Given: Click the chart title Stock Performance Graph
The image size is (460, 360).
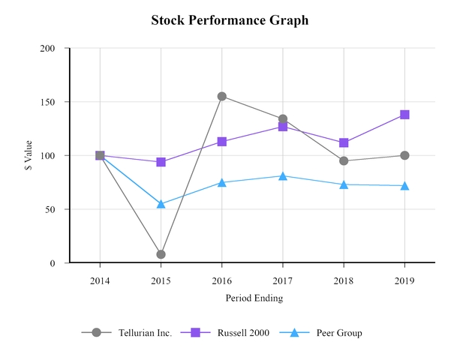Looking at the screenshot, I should tap(230, 20).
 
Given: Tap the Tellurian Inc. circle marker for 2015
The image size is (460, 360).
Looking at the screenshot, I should tap(161, 254).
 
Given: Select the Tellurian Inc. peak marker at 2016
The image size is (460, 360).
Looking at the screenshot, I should tap(221, 96).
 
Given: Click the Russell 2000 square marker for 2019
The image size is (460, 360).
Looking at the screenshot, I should tap(404, 115).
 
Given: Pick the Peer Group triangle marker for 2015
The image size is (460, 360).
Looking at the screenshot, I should tap(161, 204).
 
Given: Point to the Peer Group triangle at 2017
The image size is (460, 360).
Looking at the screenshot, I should tap(283, 176).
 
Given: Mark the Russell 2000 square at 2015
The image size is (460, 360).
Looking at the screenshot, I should tap(161, 162).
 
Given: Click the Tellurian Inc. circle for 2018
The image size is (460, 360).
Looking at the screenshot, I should tap(344, 160).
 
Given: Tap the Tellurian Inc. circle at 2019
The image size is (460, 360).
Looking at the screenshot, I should tap(404, 155).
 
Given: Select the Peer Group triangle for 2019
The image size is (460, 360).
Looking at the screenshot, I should tap(404, 185).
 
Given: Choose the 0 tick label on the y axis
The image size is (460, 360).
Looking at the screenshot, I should tap(53, 263).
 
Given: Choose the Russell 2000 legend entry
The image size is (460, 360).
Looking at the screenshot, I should tap(230, 333).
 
